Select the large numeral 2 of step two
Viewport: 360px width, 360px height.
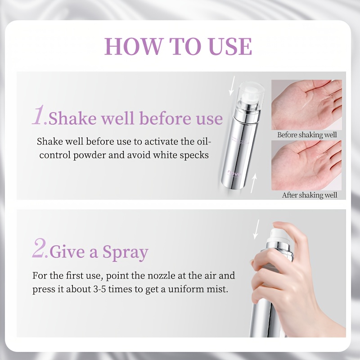coord(39,248)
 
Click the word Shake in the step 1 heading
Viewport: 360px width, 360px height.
coord(72,118)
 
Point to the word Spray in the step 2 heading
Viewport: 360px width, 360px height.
coord(126,252)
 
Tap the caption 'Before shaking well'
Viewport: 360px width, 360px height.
coord(307,135)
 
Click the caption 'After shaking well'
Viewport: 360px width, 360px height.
coord(310,195)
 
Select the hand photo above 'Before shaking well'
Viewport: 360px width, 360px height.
coord(306,105)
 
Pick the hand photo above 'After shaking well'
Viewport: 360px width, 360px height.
coord(306,165)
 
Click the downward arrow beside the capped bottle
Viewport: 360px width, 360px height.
coord(232,86)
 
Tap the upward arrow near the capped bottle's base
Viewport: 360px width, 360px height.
coord(253,183)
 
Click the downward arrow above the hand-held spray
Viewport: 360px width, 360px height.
coord(256,229)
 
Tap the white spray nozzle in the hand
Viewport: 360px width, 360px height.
coord(279,235)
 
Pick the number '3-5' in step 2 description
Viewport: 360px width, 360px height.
coord(99,289)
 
